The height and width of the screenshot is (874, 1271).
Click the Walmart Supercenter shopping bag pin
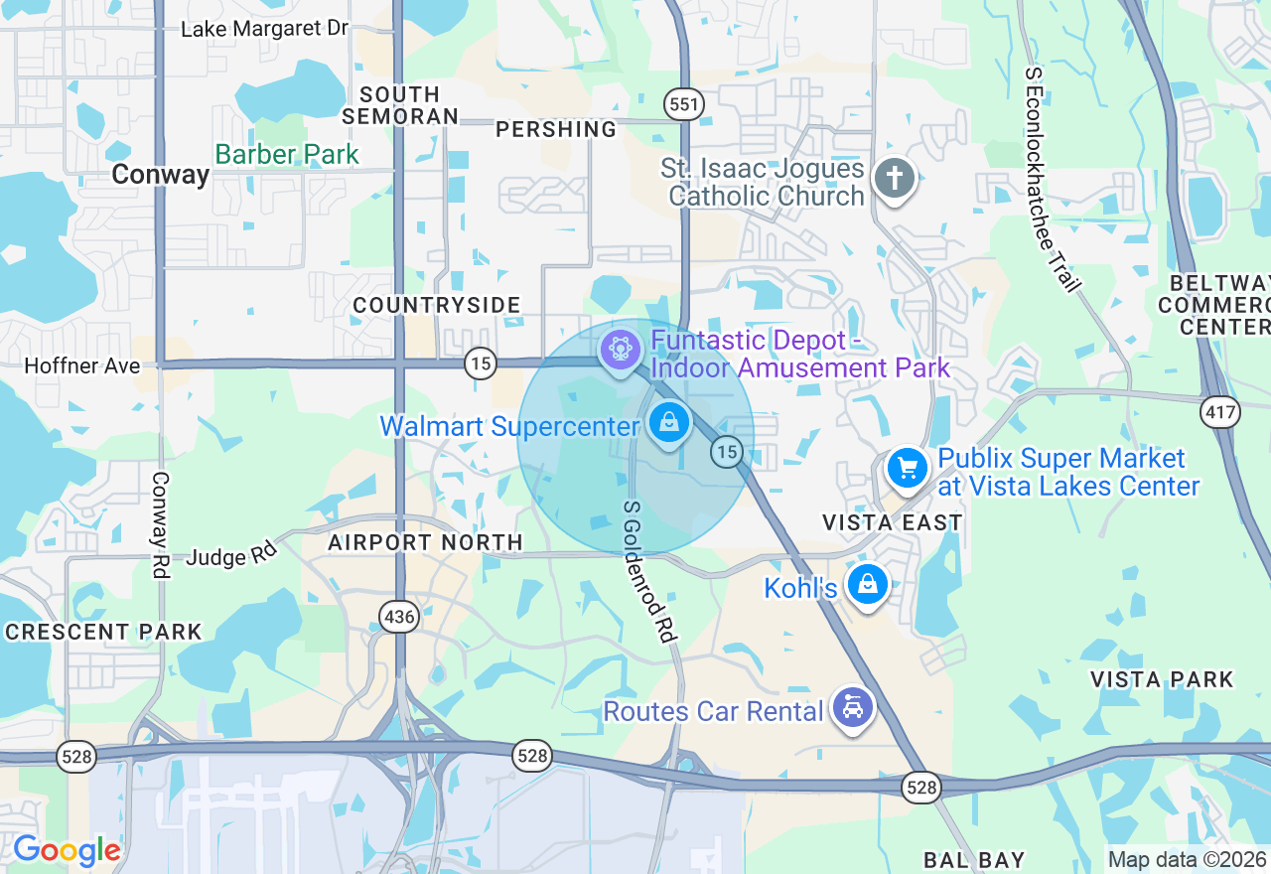[x=670, y=421]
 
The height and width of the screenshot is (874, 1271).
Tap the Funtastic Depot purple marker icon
[x=621, y=350]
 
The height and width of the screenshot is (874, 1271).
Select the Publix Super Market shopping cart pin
[x=907, y=468]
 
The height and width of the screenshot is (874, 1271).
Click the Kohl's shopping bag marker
[x=868, y=585]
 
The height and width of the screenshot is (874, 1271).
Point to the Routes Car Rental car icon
[x=852, y=708]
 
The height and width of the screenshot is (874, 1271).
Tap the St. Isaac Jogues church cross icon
[x=894, y=180]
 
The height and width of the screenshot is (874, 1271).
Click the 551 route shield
[x=684, y=104]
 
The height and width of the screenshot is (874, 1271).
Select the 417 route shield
[x=1219, y=411]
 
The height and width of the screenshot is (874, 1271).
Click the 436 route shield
[x=399, y=617]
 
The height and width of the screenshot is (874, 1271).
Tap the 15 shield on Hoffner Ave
[x=481, y=364]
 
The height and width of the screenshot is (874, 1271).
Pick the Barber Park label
[x=287, y=154]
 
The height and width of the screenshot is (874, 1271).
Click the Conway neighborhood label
[x=160, y=175]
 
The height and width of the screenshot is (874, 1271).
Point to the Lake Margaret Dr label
[x=264, y=29]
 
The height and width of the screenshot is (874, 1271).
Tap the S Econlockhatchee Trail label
[x=1052, y=180]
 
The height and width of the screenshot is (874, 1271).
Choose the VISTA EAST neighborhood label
[x=892, y=522]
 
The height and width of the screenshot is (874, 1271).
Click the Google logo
[x=67, y=851]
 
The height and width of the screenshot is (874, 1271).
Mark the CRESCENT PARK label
[x=103, y=632]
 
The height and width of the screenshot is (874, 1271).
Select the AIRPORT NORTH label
[x=425, y=542]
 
